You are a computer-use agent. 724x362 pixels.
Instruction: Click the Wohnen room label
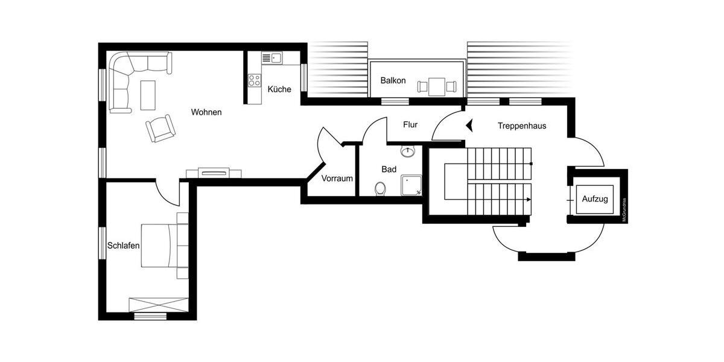(x=206, y=112)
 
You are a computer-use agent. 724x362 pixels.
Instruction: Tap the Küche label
(x=279, y=89)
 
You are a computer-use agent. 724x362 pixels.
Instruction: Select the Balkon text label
(x=393, y=81)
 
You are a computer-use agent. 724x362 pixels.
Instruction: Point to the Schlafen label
(x=124, y=246)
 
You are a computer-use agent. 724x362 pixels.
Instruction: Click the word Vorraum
(x=337, y=179)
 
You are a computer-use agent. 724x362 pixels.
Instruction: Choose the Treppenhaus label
(x=522, y=126)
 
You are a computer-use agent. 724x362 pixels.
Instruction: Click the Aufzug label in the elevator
(x=594, y=198)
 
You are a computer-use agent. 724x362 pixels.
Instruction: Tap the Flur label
(x=410, y=125)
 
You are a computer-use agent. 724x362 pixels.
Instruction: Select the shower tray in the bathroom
(x=411, y=185)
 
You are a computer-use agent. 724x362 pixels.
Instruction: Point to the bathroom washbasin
(x=409, y=151)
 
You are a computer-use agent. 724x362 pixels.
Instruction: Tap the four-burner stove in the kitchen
(x=254, y=80)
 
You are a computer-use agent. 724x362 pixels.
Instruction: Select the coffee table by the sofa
(x=148, y=95)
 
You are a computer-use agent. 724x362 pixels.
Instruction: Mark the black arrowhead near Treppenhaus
(x=471, y=126)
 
